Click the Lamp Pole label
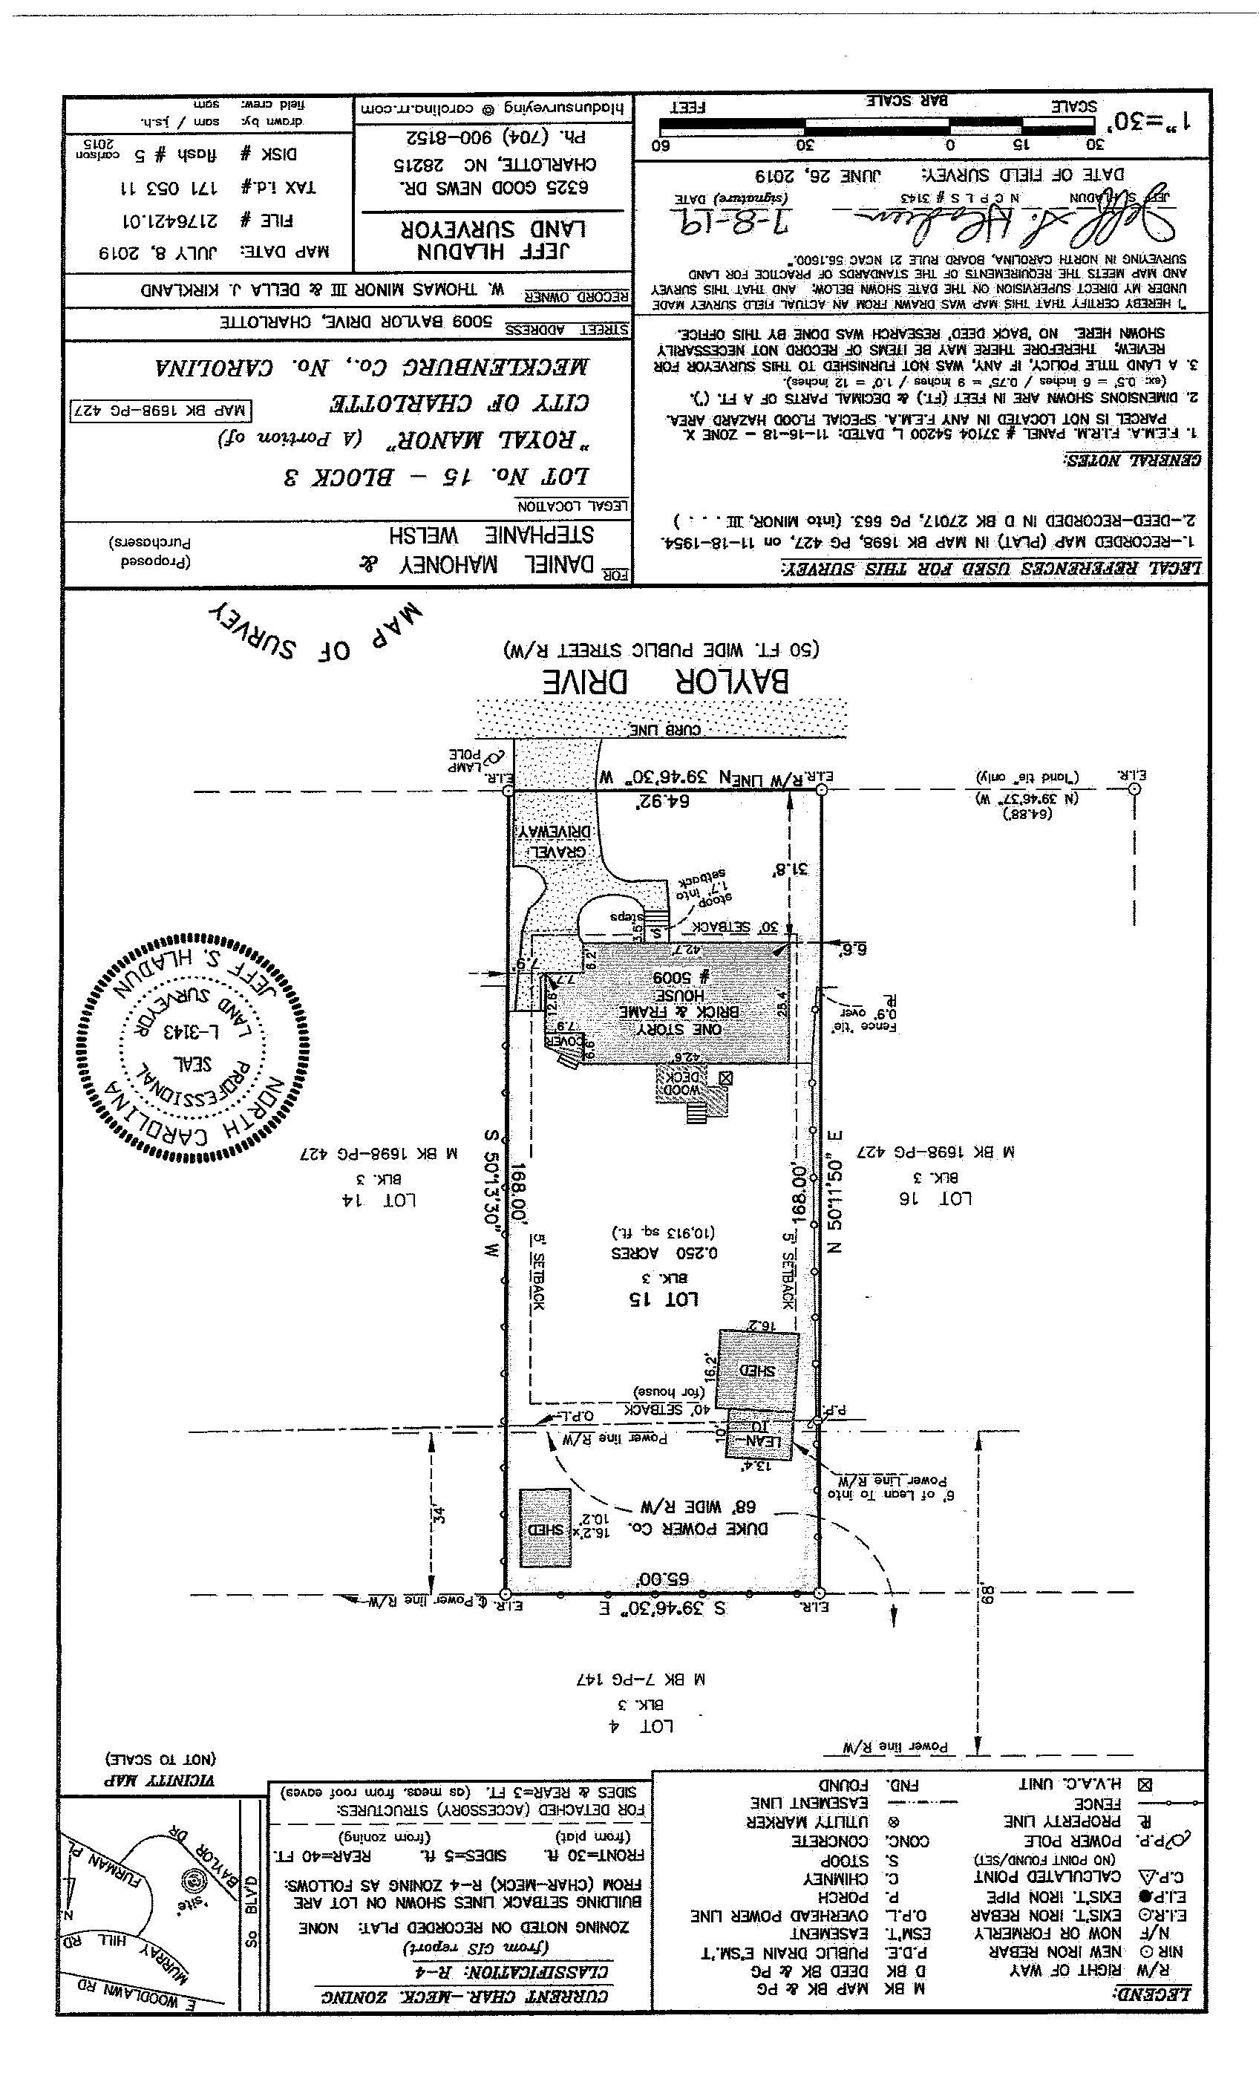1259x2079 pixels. click(468, 760)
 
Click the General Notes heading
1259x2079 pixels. click(1130, 460)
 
